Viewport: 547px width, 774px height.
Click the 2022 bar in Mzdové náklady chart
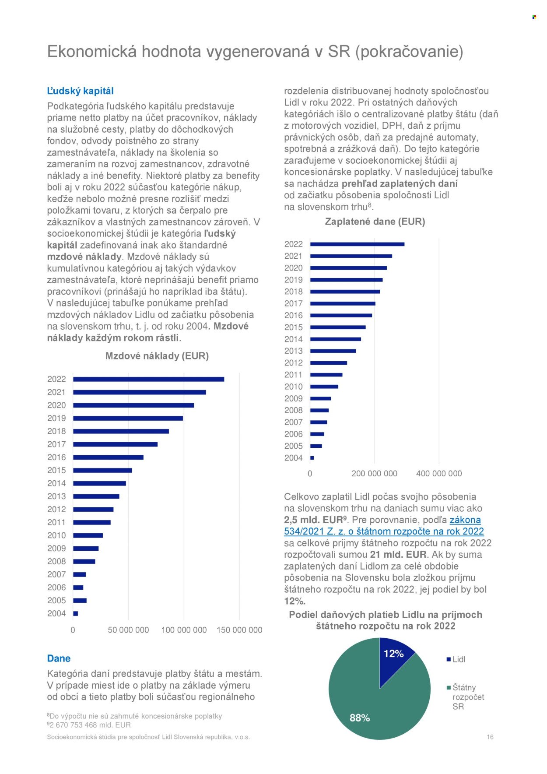coord(148,379)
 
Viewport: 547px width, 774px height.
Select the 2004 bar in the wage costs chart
coord(76,614)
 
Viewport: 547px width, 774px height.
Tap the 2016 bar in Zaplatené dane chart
coord(341,315)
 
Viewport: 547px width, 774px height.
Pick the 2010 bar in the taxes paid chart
coord(324,387)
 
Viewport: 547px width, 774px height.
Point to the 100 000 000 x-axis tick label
coord(184,630)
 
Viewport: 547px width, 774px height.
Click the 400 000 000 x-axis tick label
coord(439,474)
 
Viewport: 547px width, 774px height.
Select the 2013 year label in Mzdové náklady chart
coord(56,496)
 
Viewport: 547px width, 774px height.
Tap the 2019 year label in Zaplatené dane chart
coord(293,280)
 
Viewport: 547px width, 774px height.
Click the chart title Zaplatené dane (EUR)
coord(375,222)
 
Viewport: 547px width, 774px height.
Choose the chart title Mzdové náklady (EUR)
coord(157,356)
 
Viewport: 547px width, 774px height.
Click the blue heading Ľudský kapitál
coord(80,91)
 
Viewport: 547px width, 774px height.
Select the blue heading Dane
coord(59,658)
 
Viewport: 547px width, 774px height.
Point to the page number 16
coord(490,737)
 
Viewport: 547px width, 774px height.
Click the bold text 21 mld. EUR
coord(398,555)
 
